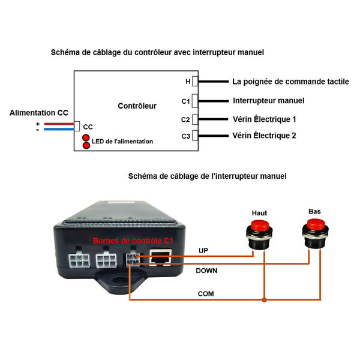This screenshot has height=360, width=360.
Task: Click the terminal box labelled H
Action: (x=195, y=81)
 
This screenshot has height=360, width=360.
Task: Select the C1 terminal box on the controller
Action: (x=195, y=101)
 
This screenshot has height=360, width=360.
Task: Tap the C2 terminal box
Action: (x=195, y=119)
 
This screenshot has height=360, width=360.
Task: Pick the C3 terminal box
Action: (x=195, y=136)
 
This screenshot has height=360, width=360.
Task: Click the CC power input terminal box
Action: (x=77, y=126)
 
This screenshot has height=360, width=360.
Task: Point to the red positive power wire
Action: (x=59, y=124)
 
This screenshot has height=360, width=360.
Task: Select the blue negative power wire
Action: (x=59, y=129)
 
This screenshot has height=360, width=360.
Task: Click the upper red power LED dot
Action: (x=86, y=137)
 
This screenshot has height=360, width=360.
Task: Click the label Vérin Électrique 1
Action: (x=264, y=119)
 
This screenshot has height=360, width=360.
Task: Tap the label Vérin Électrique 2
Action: (x=264, y=136)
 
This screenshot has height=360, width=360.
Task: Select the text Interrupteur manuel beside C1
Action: (x=269, y=101)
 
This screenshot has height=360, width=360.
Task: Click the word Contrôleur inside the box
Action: (x=137, y=106)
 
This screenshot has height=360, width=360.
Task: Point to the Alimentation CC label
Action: (x=39, y=113)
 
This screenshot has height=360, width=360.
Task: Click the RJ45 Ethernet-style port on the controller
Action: (x=160, y=258)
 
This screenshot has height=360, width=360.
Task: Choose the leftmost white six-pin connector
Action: (x=79, y=260)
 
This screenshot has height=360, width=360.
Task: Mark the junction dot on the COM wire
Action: (x=265, y=299)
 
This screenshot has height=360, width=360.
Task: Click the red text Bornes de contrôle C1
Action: (x=133, y=241)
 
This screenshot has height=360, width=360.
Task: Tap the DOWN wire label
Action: (x=206, y=271)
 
